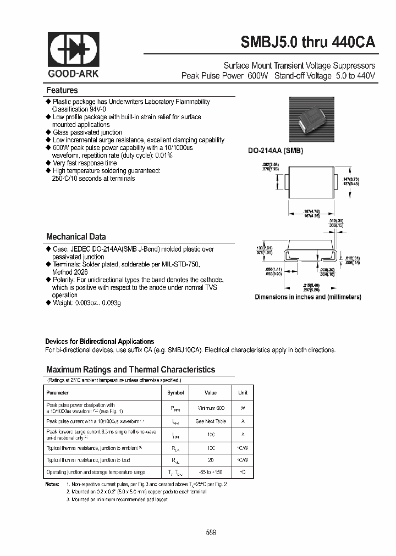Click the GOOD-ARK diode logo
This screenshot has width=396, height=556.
coord(74,51)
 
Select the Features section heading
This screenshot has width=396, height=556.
coord(62,90)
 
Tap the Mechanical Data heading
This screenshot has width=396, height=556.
coord(76,237)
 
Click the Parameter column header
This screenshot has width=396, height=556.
coord(58,393)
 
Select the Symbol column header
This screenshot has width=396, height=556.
coord(175,393)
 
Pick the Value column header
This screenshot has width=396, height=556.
coord(211,393)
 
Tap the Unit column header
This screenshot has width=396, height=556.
coord(243,393)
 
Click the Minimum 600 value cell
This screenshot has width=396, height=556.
coord(211,408)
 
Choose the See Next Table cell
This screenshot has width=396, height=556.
coord(211,421)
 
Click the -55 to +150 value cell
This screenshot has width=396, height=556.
coord(211,472)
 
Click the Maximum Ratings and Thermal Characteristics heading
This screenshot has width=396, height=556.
coord(131,370)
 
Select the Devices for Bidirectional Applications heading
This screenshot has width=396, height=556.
coord(100,341)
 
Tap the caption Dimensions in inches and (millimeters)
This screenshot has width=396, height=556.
coord(307,297)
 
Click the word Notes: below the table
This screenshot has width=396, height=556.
coord(52,484)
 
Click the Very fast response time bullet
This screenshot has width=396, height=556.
coord(85,163)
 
